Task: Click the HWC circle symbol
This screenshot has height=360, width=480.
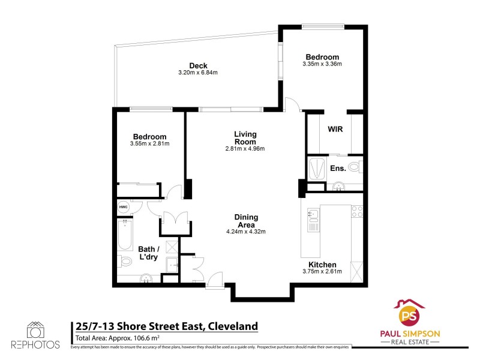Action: pos(123,207)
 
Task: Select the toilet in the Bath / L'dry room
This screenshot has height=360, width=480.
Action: pos(125,262)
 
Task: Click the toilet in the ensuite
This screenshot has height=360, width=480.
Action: pos(354,167)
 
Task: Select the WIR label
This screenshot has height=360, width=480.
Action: pos(335,129)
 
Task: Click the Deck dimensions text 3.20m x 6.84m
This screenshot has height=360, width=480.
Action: pos(197,73)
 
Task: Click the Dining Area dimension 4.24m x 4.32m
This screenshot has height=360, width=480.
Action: pos(245,232)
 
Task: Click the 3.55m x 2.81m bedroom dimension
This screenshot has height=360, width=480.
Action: pos(149,143)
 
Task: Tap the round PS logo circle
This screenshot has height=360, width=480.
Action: pos(410,315)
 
